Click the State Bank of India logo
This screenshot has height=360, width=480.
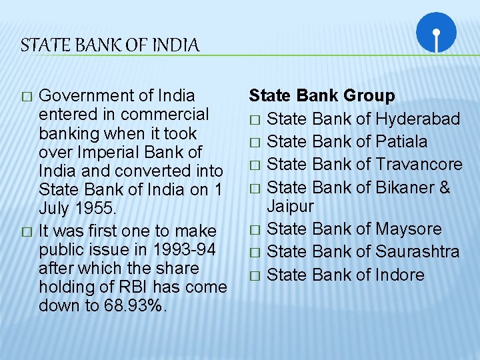436,33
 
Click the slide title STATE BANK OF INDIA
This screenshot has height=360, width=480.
110,46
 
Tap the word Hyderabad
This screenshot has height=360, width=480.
418,119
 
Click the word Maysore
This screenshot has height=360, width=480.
409,229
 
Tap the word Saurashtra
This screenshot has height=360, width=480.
417,251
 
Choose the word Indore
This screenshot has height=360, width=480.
400,275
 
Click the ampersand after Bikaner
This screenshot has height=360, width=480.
444,187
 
